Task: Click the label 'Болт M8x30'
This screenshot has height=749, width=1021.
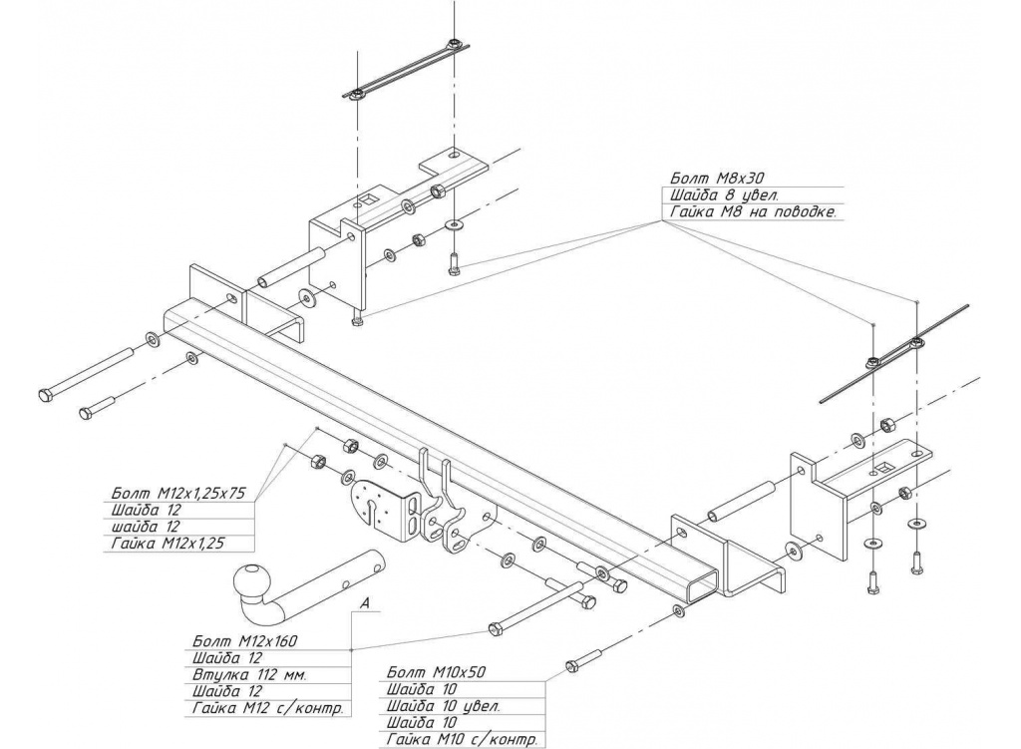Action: (x=703, y=179)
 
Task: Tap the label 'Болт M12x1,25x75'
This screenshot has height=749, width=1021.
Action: (x=182, y=491)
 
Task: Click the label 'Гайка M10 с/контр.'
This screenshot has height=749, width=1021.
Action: (x=461, y=739)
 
